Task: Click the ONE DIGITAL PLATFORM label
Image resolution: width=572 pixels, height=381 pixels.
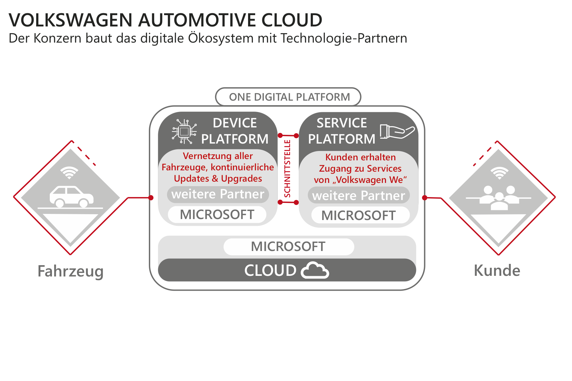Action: coord(289,97)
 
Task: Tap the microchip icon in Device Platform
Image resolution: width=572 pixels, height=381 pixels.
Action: coord(184,131)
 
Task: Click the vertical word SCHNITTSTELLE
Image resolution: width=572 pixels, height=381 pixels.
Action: coord(287,169)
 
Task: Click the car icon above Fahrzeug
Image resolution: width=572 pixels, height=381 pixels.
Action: coord(71,196)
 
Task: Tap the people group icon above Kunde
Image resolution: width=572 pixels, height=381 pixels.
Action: coord(499,198)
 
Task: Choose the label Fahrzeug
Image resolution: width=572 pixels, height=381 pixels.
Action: coord(70,271)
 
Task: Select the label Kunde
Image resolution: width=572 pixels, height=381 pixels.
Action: coord(497,270)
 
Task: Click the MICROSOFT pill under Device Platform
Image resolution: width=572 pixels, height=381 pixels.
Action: coord(217,215)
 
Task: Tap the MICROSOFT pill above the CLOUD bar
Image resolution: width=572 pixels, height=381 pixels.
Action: coord(289,246)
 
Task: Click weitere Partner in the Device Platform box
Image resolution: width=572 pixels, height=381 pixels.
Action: coord(218,194)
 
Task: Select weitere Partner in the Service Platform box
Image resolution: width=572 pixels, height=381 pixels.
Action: coord(359,196)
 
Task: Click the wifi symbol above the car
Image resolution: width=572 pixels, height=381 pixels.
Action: coord(69,173)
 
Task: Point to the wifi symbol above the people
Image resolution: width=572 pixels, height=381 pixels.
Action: coord(499,173)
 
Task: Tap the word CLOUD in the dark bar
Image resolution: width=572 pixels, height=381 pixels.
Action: coord(270,270)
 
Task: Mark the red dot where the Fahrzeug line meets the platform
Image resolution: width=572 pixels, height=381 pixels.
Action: coord(151,197)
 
